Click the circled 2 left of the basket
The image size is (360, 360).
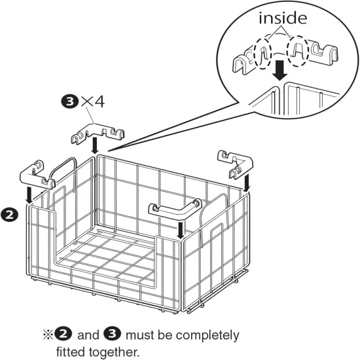coord(10,213)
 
